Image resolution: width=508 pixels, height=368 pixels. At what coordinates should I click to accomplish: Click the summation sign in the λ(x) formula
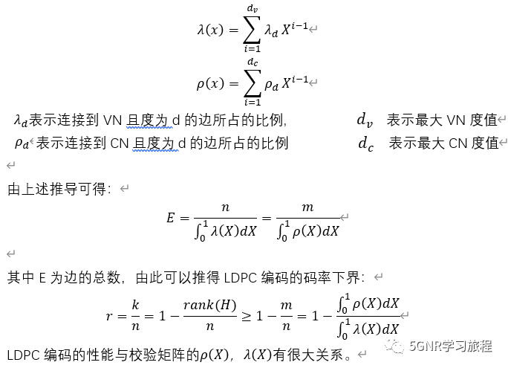pyautogui.click(x=253, y=29)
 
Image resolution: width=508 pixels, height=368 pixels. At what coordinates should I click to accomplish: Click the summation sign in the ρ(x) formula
pyautogui.click(x=253, y=83)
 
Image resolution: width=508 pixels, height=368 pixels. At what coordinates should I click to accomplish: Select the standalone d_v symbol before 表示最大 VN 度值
pyautogui.click(x=365, y=120)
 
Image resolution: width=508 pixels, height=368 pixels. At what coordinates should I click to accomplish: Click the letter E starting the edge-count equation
pyautogui.click(x=171, y=219)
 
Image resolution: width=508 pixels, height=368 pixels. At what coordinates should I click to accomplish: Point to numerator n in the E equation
pyautogui.click(x=225, y=207)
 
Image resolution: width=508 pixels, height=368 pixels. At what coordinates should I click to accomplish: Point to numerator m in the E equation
pyautogui.click(x=307, y=207)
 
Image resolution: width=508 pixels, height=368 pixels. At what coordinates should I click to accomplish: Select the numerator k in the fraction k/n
pyautogui.click(x=135, y=305)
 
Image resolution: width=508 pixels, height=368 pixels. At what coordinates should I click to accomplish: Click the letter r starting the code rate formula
pyautogui.click(x=109, y=315)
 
